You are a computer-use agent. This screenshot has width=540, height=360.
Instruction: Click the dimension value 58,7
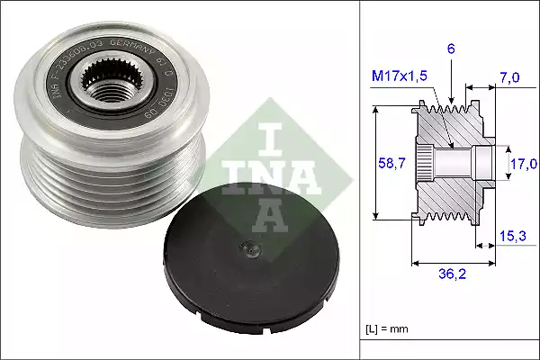[x=388, y=162]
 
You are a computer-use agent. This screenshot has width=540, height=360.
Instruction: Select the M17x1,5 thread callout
[x=400, y=78]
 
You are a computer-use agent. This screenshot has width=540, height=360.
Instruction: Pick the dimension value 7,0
[x=510, y=79]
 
